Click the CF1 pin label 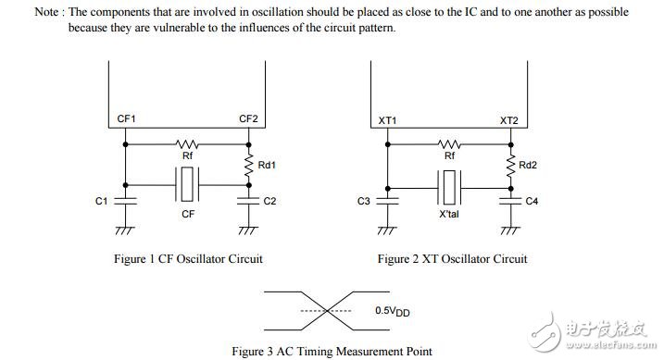[x=126, y=118]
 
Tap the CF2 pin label [x=248, y=118]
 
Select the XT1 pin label [x=387, y=120]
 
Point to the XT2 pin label [x=509, y=120]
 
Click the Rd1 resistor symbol [x=248, y=165]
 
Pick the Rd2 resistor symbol [x=510, y=166]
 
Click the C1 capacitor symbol [x=125, y=201]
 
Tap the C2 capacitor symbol [x=248, y=201]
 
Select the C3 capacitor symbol [x=387, y=201]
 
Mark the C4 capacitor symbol [x=510, y=201]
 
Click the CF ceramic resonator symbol [x=187, y=184]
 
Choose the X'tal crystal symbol [x=449, y=188]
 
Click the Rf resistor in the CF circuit [x=187, y=143]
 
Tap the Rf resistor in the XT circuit [x=449, y=143]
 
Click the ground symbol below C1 [x=125, y=230]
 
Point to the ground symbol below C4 [x=510, y=230]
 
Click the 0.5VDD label [x=392, y=311]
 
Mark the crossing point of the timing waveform [x=327, y=311]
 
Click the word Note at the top [x=46, y=12]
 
